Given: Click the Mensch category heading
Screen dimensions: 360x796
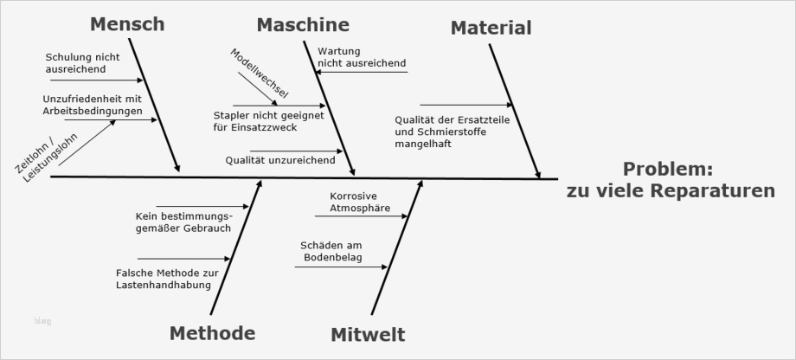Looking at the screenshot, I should click(126, 24).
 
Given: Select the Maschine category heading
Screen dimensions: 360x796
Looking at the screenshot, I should click(303, 25).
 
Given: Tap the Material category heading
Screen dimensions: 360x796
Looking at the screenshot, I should click(491, 29).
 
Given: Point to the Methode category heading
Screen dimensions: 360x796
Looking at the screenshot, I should click(212, 333).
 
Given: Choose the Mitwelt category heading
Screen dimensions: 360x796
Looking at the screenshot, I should click(367, 335).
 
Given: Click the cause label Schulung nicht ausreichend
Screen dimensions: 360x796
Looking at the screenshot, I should click(82, 63).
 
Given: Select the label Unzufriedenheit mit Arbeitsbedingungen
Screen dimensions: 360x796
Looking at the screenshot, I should click(92, 105).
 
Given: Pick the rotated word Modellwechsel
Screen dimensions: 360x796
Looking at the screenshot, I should click(259, 74).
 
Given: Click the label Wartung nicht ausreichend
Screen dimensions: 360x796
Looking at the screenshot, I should click(361, 57).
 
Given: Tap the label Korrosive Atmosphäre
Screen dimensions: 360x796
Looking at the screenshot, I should click(360, 202).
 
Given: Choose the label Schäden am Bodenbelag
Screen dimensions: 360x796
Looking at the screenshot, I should click(332, 251).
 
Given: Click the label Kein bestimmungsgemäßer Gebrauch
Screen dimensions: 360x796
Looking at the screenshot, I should click(183, 221).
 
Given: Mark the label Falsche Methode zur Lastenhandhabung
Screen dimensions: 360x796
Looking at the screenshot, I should click(169, 279).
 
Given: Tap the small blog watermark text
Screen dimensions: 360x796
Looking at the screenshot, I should click(43, 322).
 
